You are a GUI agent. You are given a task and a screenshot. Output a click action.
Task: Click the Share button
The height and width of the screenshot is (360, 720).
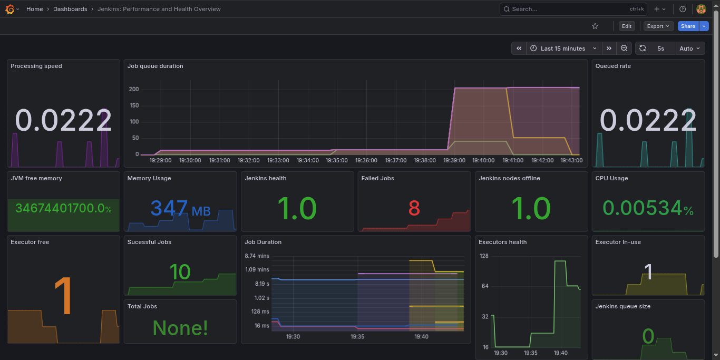click(x=687, y=26)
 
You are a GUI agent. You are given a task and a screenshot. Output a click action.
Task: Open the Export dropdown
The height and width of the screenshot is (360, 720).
click(x=658, y=26)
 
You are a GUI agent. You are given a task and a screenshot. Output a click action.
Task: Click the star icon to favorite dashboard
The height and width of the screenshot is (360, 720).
click(x=595, y=26)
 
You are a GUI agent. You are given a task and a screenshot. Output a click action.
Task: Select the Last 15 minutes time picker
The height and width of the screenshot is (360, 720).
click(x=563, y=48)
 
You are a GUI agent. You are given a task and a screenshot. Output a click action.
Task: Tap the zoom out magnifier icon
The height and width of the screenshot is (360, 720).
click(x=624, y=48)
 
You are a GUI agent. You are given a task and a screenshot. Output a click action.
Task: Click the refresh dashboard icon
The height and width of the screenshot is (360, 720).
click(x=643, y=48)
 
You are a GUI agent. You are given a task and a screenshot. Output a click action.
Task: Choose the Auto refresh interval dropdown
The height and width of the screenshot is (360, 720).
click(x=690, y=48)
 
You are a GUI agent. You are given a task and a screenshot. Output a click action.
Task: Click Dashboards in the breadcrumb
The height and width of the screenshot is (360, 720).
click(x=70, y=9)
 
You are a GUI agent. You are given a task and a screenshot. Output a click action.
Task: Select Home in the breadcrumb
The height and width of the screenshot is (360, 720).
click(x=35, y=9)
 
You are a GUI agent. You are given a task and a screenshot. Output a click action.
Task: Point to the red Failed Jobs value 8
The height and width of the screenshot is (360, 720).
click(x=414, y=209)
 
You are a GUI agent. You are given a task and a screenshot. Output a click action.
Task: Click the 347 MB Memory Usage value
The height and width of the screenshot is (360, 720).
click(x=180, y=209)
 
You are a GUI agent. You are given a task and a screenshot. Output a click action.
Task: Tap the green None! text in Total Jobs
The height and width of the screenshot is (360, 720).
click(x=180, y=328)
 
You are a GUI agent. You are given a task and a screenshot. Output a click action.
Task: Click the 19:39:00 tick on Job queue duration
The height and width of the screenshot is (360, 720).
click(x=454, y=160)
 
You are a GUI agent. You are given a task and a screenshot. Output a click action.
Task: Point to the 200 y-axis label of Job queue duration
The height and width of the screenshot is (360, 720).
click(x=133, y=89)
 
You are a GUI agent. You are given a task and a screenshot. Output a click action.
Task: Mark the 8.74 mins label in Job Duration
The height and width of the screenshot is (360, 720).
click(x=257, y=256)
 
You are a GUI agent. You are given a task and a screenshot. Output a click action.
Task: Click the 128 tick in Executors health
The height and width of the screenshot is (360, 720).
click(x=484, y=256)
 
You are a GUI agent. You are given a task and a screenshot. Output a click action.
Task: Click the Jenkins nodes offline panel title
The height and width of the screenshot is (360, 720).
click(x=509, y=178)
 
